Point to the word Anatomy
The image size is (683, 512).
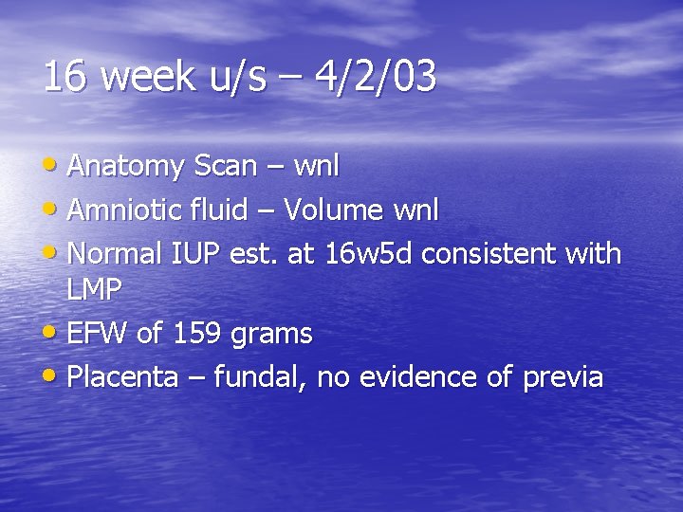(126, 167)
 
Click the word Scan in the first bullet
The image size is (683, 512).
(224, 167)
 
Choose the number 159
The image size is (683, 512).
(195, 334)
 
